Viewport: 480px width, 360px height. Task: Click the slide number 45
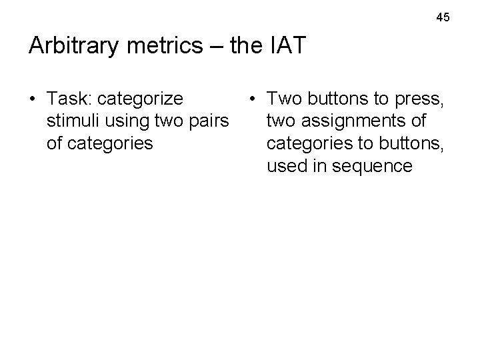click(x=443, y=17)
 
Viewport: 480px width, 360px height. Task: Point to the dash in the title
click(x=217, y=47)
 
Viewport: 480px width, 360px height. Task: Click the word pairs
click(x=209, y=121)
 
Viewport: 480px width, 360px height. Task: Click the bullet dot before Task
click(x=33, y=99)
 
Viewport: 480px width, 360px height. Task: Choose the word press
click(x=419, y=99)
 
